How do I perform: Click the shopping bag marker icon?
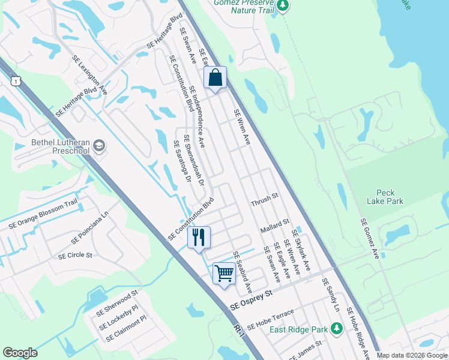coord(215,77)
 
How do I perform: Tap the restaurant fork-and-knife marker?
coord(199,238)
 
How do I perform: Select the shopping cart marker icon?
coord(224,273)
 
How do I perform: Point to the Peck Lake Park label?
coord(386,197)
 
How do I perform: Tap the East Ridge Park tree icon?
coord(337,328)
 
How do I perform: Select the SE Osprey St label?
coord(252,301)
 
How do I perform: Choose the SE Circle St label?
coord(75,255)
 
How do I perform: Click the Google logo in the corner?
coord(20,353)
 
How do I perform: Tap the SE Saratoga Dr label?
coord(181,161)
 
